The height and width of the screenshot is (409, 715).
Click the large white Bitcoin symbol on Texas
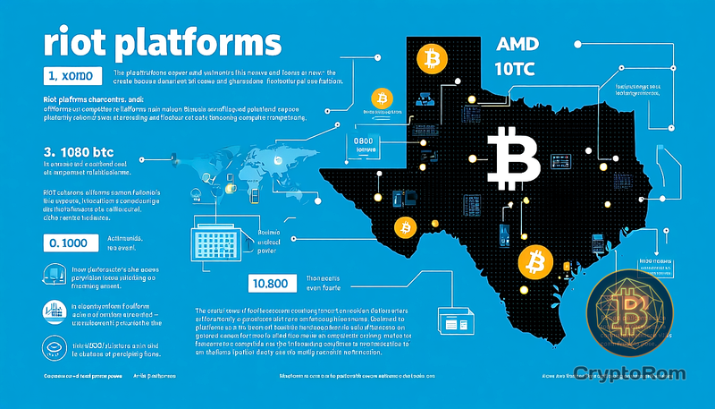[x=513, y=155]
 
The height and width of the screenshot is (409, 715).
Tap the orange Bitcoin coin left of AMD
[x=432, y=60]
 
